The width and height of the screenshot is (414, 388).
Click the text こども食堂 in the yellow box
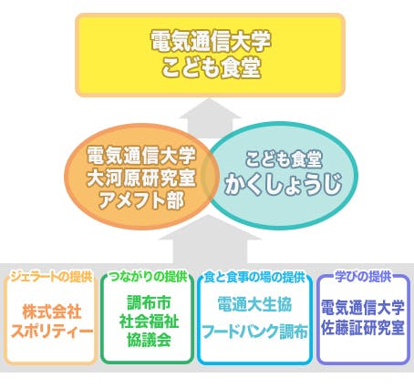[211, 67]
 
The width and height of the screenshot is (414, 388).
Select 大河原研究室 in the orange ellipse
[141, 178]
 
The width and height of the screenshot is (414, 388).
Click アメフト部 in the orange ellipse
[141, 200]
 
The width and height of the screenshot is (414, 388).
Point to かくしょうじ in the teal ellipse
[283, 184]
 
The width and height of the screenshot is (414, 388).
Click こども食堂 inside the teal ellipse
[284, 158]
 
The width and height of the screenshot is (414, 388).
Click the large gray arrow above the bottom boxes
[210, 240]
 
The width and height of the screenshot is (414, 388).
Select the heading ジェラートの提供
[51, 277]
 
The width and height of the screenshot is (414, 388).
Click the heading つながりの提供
[148, 277]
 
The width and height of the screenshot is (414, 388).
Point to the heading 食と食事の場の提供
[254, 277]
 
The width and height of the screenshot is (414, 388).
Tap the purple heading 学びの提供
[363, 277]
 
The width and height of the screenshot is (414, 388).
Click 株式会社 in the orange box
[52, 311]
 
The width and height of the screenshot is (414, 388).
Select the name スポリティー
[52, 332]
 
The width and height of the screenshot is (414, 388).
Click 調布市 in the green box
[149, 302]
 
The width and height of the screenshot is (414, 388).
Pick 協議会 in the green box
[149, 340]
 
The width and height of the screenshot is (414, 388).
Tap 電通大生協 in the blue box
[254, 304]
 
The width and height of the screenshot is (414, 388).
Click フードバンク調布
[254, 332]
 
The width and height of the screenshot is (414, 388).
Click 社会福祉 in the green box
[149, 322]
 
